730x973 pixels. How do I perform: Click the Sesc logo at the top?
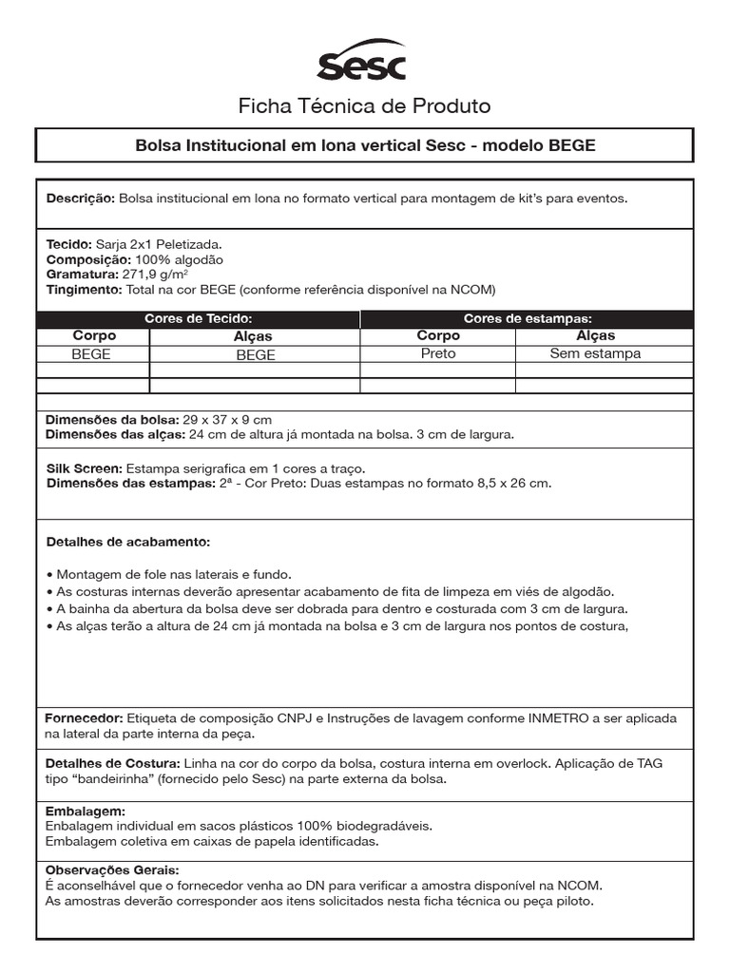pyautogui.click(x=361, y=63)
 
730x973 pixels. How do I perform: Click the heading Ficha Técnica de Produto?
pyautogui.click(x=364, y=105)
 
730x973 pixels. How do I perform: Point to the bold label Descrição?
pyautogui.click(x=81, y=199)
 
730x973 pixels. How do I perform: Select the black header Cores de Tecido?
pyautogui.click(x=198, y=319)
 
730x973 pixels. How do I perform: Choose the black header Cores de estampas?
pyautogui.click(x=527, y=319)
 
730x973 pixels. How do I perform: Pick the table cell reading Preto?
pyautogui.click(x=437, y=353)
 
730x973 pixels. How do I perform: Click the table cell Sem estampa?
pyautogui.click(x=595, y=353)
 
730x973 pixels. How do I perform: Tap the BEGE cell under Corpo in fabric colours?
pyautogui.click(x=91, y=353)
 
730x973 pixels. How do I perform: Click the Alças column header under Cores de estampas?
pyautogui.click(x=595, y=335)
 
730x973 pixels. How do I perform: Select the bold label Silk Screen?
pyautogui.click(x=84, y=468)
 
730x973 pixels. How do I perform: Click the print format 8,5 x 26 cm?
pyautogui.click(x=513, y=484)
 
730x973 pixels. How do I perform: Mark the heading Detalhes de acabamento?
pyautogui.click(x=128, y=543)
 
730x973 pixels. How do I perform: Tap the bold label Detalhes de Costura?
pyautogui.click(x=113, y=764)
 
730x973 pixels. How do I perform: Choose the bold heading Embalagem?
pyautogui.click(x=86, y=811)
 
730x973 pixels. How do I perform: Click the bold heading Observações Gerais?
pyautogui.click(x=112, y=869)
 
